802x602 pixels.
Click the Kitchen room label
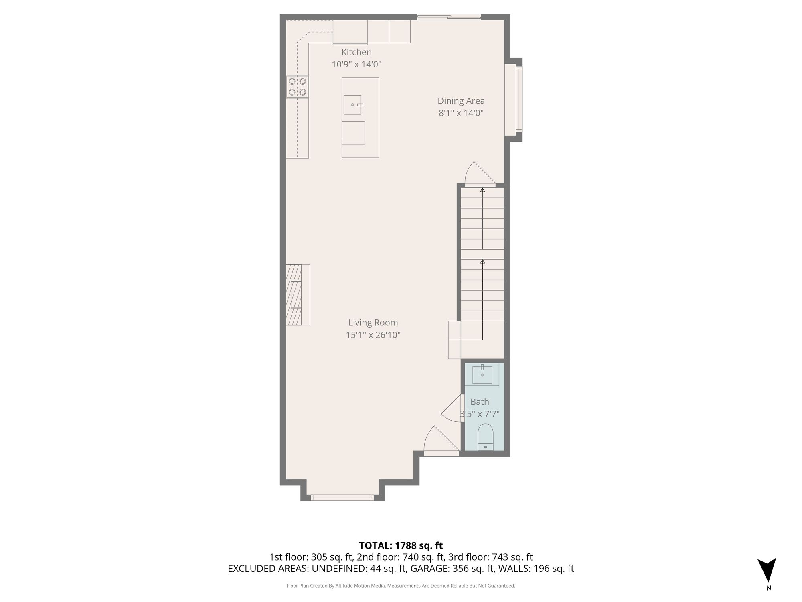tap(356, 52)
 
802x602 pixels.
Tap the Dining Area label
tap(461, 101)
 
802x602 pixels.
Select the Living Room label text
tap(373, 323)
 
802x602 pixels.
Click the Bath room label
tap(480, 402)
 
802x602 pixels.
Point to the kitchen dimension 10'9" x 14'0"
tap(356, 64)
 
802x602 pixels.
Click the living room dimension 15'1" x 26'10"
tap(373, 335)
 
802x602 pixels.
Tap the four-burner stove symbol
tap(297, 87)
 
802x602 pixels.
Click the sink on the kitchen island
tap(353, 105)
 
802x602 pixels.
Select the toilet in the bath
tap(486, 437)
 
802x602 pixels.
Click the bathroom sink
tap(482, 374)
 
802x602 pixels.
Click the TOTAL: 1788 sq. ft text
tap(401, 546)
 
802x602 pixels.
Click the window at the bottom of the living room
tap(342, 498)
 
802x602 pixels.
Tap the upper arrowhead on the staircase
tap(482, 190)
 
